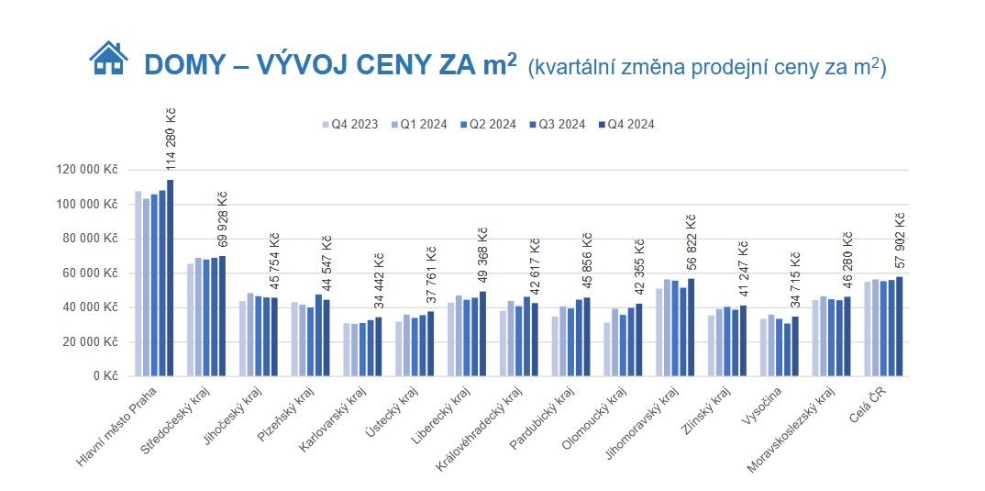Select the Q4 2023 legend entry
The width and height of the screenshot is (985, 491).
pos(348,125)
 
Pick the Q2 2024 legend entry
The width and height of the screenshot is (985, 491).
pos(488,125)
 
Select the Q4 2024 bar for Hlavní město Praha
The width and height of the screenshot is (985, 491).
pos(170,278)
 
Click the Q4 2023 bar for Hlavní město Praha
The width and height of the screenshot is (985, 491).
pos(138,284)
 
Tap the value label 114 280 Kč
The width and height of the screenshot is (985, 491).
pos(171,139)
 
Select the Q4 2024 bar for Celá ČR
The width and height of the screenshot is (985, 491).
pos(900,327)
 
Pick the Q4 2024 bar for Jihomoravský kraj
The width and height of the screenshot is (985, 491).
pos(692,328)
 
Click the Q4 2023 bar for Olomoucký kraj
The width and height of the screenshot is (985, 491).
pos(608,350)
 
